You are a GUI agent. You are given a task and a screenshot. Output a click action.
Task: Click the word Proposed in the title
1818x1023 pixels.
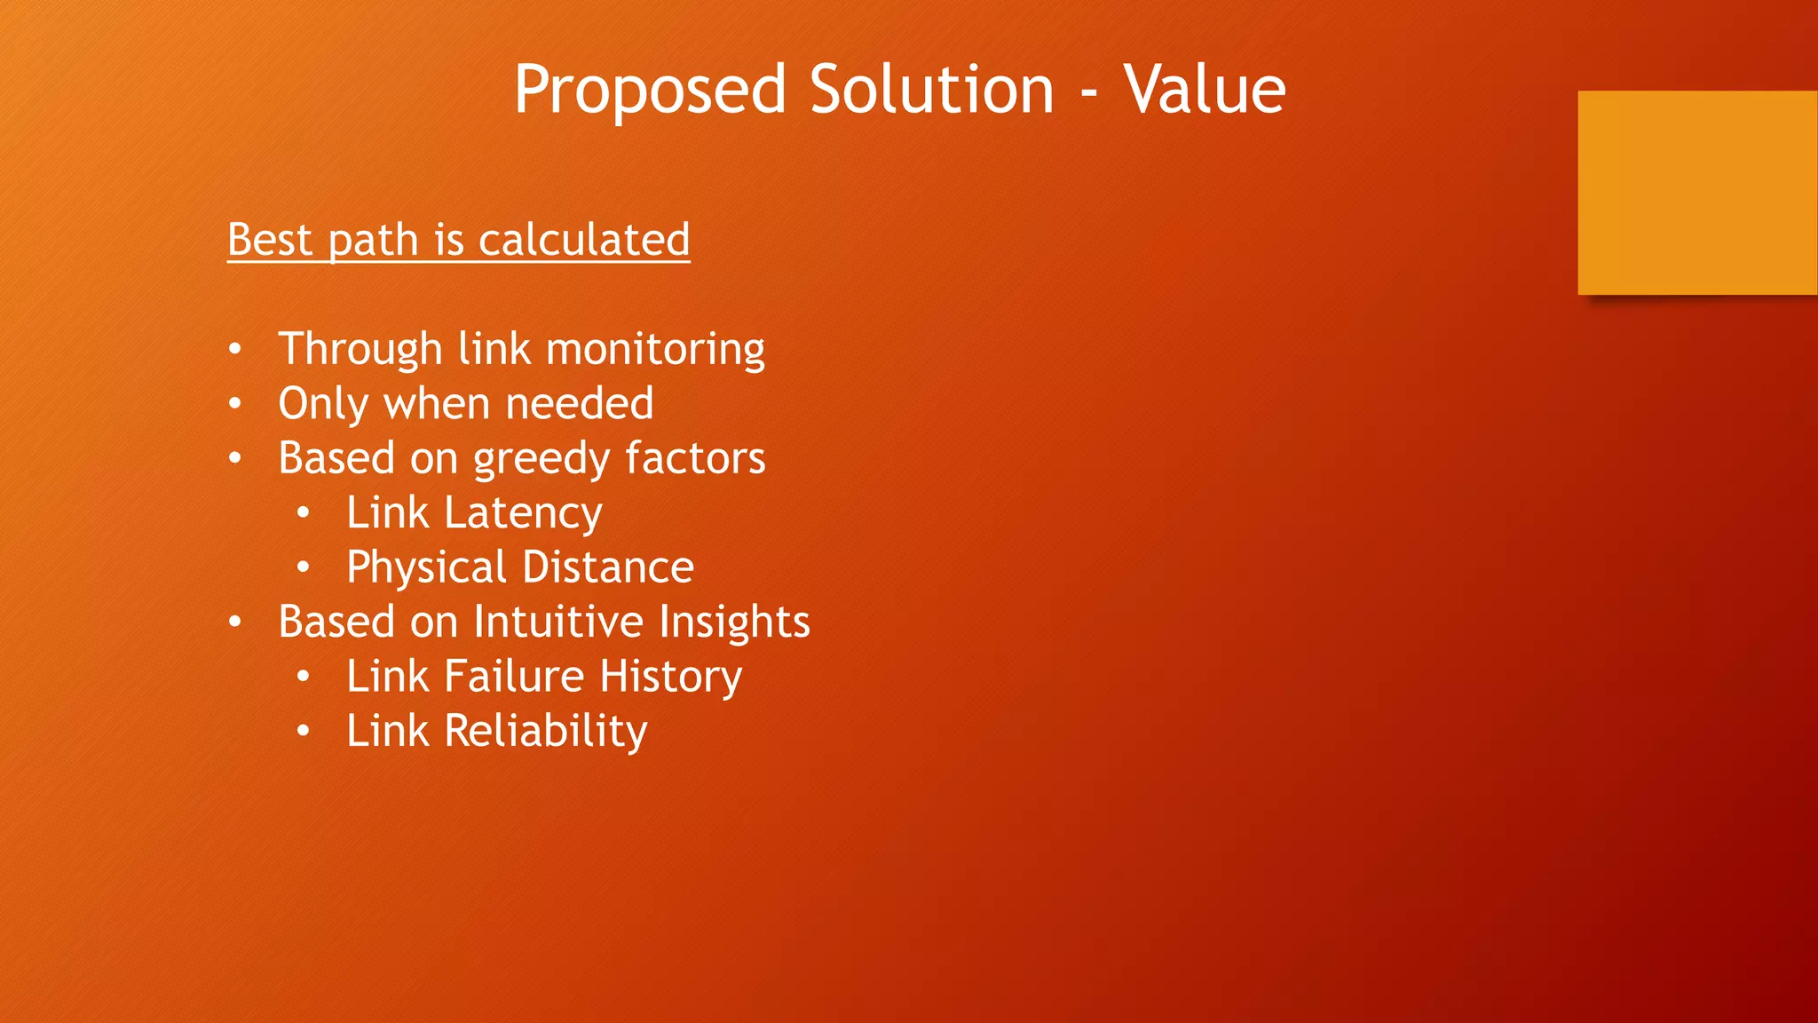[x=650, y=91]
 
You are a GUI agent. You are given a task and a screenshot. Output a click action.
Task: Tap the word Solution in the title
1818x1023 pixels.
[x=931, y=91]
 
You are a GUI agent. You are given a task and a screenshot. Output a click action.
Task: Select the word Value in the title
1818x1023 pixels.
[x=1204, y=91]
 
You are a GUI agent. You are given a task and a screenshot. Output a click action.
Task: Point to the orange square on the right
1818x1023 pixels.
[x=1697, y=192]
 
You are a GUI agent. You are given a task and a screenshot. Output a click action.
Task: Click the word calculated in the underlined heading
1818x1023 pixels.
[x=584, y=240]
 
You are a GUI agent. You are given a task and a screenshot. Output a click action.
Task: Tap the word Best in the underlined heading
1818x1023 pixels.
[x=270, y=240]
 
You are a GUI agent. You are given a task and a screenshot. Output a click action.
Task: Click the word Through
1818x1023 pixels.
[x=360, y=349]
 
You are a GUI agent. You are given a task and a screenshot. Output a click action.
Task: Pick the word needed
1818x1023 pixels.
[x=580, y=404]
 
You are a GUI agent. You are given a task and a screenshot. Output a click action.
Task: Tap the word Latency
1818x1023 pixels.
[x=523, y=514]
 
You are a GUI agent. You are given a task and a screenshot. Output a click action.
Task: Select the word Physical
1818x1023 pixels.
[x=426, y=568]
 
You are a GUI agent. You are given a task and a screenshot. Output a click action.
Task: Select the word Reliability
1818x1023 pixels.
[x=545, y=732]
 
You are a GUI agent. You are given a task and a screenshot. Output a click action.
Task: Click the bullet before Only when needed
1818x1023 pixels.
[x=234, y=405]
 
